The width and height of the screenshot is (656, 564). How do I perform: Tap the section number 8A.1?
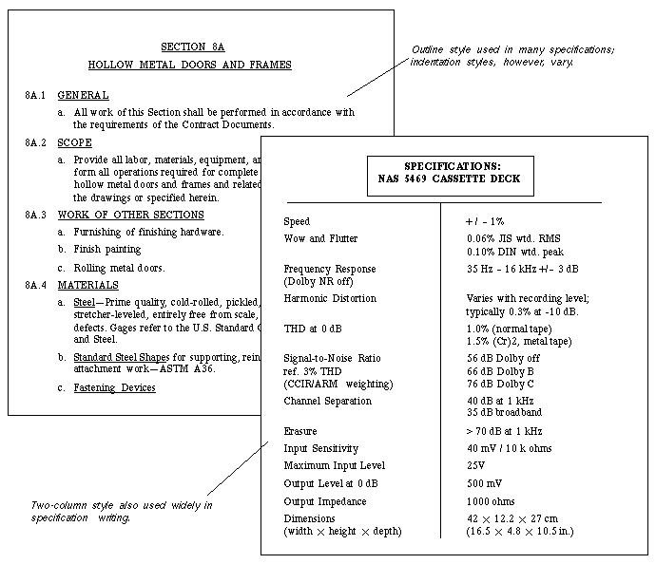pos(36,96)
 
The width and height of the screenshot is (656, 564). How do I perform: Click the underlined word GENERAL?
pos(83,96)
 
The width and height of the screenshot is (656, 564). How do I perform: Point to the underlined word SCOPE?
pos(75,142)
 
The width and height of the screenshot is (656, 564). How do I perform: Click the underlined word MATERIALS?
pos(88,285)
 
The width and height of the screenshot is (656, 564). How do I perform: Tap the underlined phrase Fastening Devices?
pos(114,387)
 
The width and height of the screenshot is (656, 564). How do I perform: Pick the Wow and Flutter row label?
pos(320,238)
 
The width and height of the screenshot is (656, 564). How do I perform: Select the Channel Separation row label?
pos(328,401)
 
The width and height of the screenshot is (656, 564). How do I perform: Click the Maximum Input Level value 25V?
pos(475,465)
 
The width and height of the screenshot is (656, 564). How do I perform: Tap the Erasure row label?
pos(302,430)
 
